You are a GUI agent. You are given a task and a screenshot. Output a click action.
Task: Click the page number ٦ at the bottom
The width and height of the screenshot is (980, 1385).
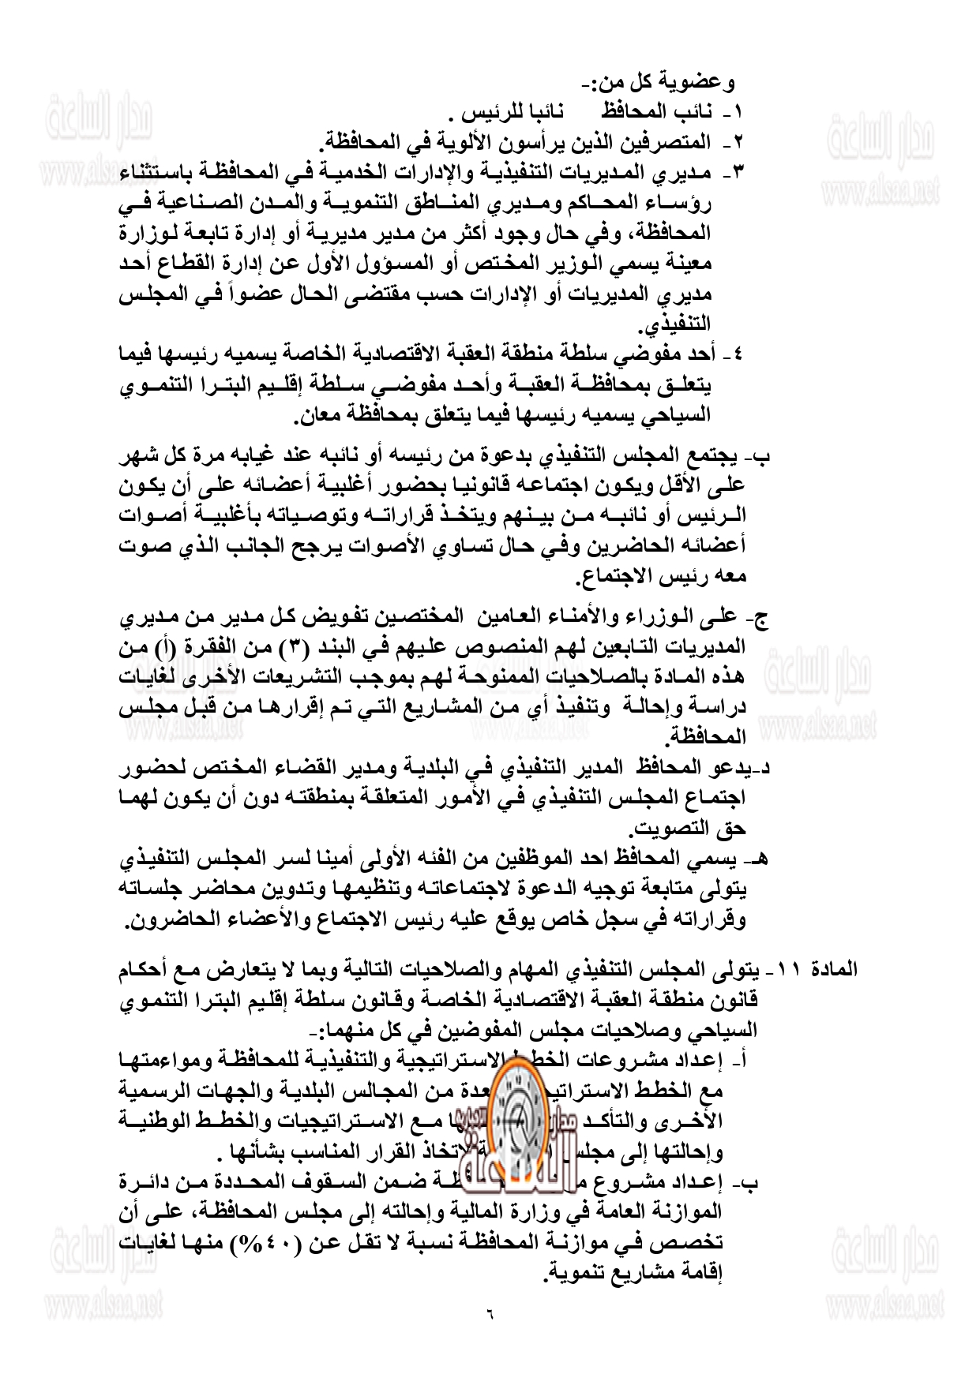click(490, 1316)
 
